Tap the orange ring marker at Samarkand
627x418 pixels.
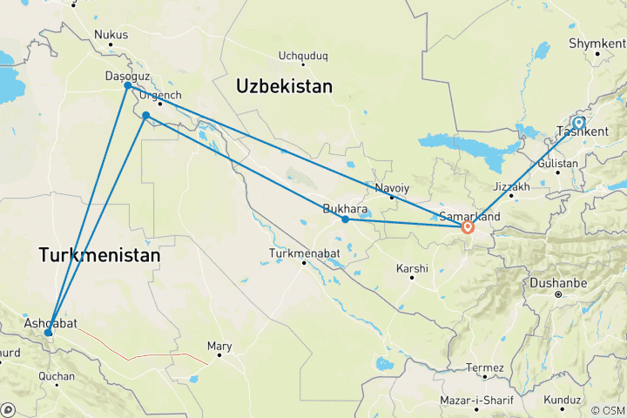(x=468, y=227)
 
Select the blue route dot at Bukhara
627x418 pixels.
(x=346, y=219)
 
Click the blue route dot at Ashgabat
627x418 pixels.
(x=49, y=333)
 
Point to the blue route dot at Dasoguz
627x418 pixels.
(x=127, y=85)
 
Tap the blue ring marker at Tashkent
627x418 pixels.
(x=578, y=123)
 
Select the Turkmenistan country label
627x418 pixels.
(x=99, y=256)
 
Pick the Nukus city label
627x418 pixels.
(x=111, y=36)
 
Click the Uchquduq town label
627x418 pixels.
(x=302, y=57)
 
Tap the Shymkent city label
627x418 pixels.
(x=596, y=42)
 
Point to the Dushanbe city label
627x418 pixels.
(x=558, y=284)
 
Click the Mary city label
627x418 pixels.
(x=219, y=347)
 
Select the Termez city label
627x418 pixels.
(x=485, y=367)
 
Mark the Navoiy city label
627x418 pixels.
(x=391, y=187)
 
